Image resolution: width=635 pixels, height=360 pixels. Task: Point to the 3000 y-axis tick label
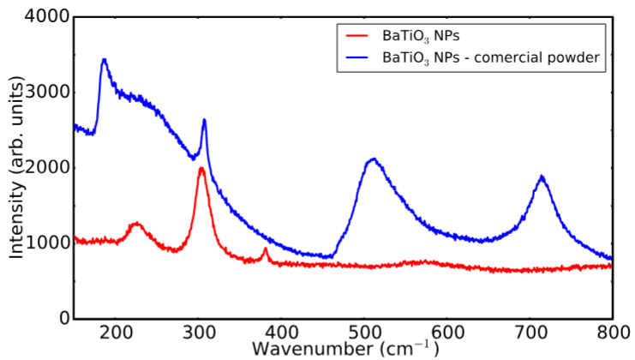pyautogui.click(x=45, y=93)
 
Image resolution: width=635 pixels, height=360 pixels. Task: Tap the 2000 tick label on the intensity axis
pyautogui.click(x=45, y=168)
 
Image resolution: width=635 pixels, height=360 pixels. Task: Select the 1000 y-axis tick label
pyautogui.click(x=45, y=243)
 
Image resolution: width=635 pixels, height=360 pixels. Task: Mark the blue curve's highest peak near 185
pyautogui.click(x=104, y=60)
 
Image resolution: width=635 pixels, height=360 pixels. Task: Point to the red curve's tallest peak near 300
pyautogui.click(x=201, y=168)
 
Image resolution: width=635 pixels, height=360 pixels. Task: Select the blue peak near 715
pyautogui.click(x=542, y=177)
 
